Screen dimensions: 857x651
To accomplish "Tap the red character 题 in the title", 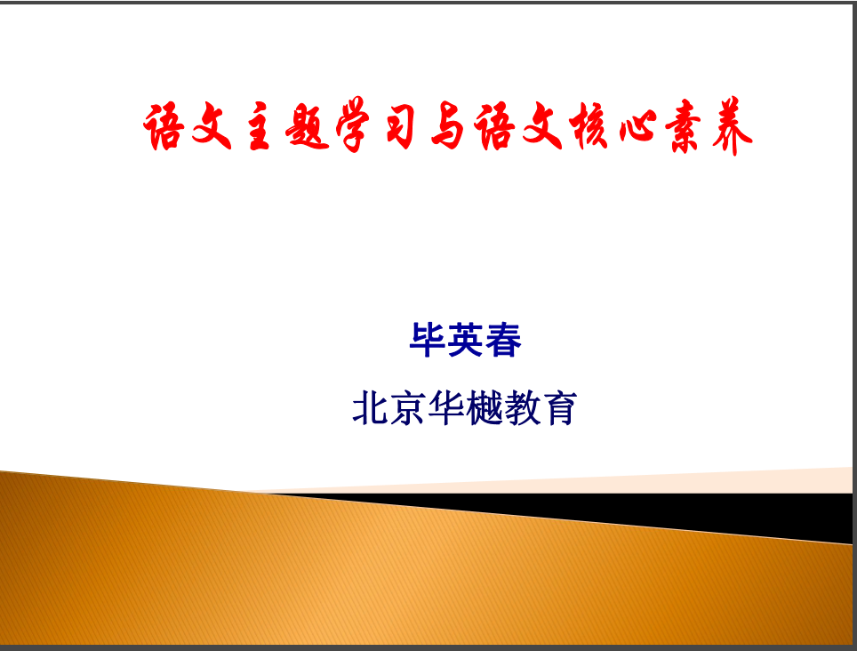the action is click(x=308, y=127).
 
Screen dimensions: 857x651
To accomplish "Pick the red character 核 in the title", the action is click(x=589, y=126).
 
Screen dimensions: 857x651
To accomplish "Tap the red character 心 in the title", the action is click(x=637, y=127).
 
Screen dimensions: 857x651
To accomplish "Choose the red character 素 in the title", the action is click(x=682, y=126).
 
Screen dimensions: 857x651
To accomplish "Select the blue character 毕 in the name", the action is click(x=428, y=340).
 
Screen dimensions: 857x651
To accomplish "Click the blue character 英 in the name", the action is click(x=465, y=340).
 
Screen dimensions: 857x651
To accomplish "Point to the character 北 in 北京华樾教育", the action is click(x=371, y=407).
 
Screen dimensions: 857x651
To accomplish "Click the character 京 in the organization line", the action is click(x=408, y=407).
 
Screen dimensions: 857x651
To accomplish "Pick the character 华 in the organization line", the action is click(x=446, y=407).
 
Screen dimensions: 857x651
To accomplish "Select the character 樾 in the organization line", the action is click(x=485, y=407).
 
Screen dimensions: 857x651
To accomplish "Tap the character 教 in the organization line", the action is click(x=522, y=407).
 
